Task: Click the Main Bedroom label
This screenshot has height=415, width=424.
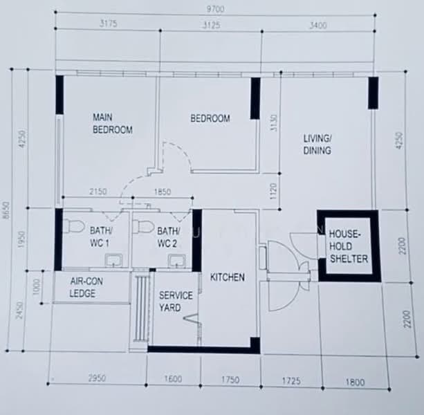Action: pyautogui.click(x=113, y=124)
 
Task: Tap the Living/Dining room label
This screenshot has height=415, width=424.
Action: pyautogui.click(x=317, y=145)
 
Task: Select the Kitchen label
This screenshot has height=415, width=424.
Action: pyautogui.click(x=228, y=277)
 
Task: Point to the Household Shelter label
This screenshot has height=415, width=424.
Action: pyautogui.click(x=349, y=246)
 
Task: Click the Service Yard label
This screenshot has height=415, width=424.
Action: pyautogui.click(x=176, y=301)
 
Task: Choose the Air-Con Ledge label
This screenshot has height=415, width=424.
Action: pyautogui.click(x=86, y=287)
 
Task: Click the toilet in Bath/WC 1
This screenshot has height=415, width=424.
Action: pyautogui.click(x=73, y=226)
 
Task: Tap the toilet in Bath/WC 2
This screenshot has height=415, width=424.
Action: pyautogui.click(x=141, y=226)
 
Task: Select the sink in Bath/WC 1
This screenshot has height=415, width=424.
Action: pyautogui.click(x=113, y=260)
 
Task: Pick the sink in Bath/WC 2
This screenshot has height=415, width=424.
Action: pyautogui.click(x=177, y=261)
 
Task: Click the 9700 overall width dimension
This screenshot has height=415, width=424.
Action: pyautogui.click(x=215, y=9)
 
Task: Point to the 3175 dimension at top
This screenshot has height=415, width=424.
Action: pyautogui.click(x=109, y=24)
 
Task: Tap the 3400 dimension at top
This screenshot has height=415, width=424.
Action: pyautogui.click(x=317, y=26)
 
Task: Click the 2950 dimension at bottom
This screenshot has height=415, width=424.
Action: pyautogui.click(x=97, y=378)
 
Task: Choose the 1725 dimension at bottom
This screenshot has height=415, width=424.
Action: pyautogui.click(x=291, y=381)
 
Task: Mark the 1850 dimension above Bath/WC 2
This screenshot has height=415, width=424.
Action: pyautogui.click(x=163, y=192)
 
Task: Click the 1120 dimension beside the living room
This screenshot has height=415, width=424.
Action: pyautogui.click(x=273, y=192)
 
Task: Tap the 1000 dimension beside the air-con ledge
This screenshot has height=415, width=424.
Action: pyautogui.click(x=36, y=287)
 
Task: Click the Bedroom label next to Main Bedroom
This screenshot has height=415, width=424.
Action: pyautogui.click(x=210, y=118)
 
